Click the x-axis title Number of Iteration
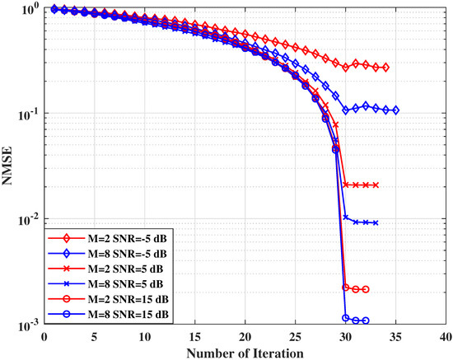tap(245, 352)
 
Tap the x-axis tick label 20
tap(245, 336)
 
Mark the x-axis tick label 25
tap(296, 336)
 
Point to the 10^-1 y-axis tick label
tap(28, 114)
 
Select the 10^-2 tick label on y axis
tap(28, 220)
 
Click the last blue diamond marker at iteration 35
tap(396, 110)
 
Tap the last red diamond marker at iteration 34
tap(386, 68)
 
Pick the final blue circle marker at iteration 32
tap(366, 320)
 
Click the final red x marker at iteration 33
tap(376, 185)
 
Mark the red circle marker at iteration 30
tap(346, 287)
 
